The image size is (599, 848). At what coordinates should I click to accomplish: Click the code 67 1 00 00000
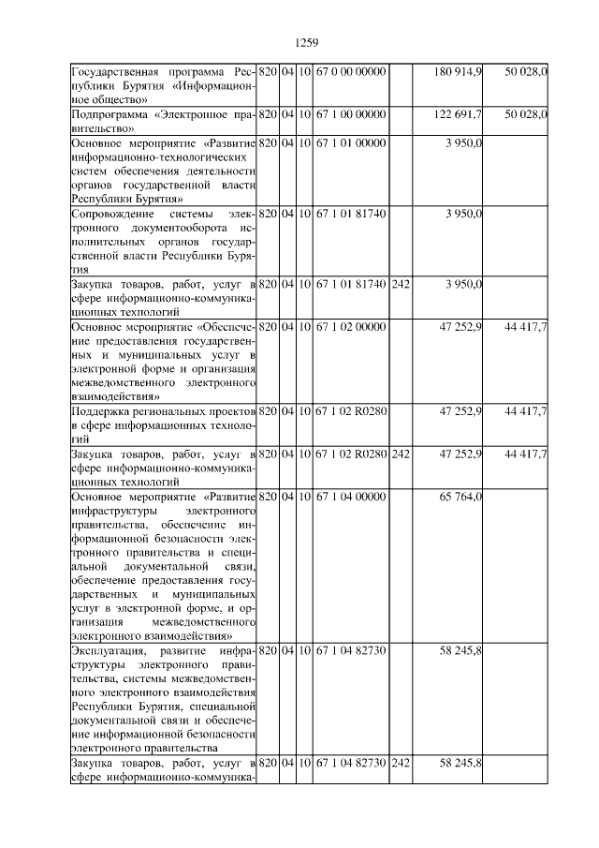[351, 114]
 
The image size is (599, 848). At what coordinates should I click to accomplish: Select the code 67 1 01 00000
[351, 142]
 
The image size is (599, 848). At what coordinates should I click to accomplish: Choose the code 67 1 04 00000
[351, 497]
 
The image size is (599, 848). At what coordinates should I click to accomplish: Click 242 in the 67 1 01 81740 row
[401, 284]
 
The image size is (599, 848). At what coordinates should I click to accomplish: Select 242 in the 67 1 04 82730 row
[401, 765]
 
